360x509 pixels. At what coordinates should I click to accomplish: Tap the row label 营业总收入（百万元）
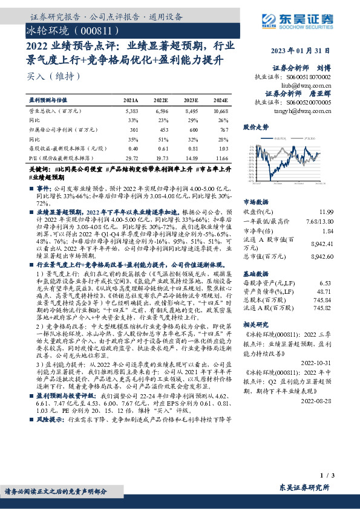click(55, 111)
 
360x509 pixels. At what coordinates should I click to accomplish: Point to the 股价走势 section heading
click(257, 128)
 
